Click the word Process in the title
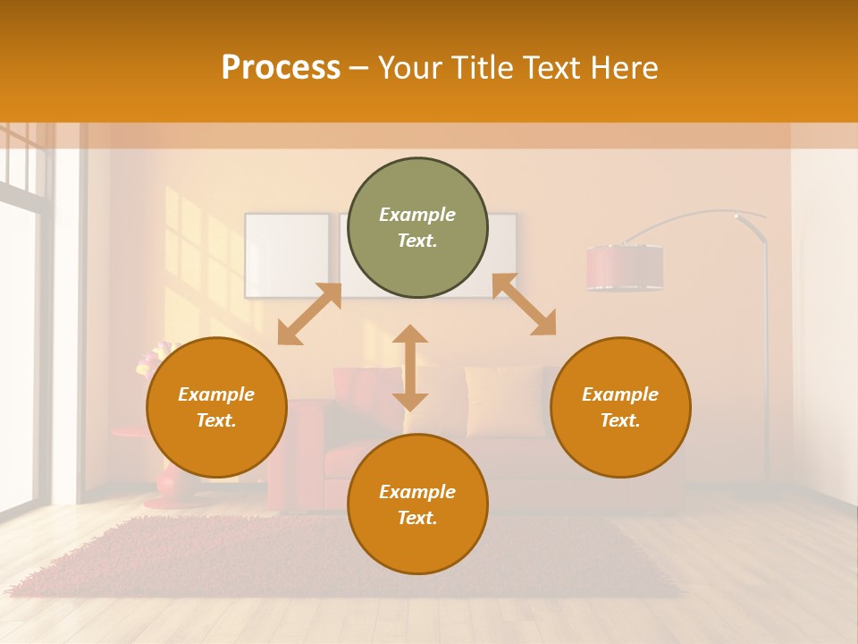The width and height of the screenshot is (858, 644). point(281,68)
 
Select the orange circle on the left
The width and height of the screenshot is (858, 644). point(216,407)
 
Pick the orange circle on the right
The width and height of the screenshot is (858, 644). point(620,407)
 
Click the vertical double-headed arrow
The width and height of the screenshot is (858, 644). point(410,368)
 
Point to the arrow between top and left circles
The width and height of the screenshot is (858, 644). point(309,314)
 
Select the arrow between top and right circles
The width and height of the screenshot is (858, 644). point(525,304)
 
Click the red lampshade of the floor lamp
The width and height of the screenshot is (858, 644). point(625,267)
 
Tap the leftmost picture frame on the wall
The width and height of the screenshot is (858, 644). point(286,255)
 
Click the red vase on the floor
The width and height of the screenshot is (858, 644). point(169,483)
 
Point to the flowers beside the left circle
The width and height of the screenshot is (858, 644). point(148,358)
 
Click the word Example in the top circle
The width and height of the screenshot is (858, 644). point(417,215)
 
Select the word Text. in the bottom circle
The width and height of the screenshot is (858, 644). point(417,518)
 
